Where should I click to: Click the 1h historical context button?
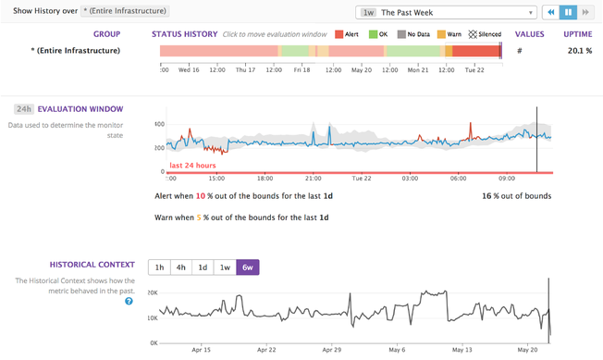(x=160, y=267)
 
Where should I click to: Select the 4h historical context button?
(x=181, y=267)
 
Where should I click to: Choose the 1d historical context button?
(x=203, y=267)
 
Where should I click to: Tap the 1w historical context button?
(x=225, y=267)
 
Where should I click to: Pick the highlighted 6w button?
(x=248, y=267)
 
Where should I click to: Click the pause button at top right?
(x=568, y=13)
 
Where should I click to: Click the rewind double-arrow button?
(x=550, y=13)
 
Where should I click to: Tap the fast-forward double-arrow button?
(x=585, y=13)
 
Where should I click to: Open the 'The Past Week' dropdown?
(x=447, y=13)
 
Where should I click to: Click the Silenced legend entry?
(x=485, y=34)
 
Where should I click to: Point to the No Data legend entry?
(x=413, y=34)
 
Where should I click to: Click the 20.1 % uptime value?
(x=579, y=50)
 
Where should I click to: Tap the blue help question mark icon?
(x=129, y=301)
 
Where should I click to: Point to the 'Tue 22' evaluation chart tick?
(x=361, y=179)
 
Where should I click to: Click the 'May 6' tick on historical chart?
(x=398, y=350)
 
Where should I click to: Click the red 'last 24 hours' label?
(x=192, y=165)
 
